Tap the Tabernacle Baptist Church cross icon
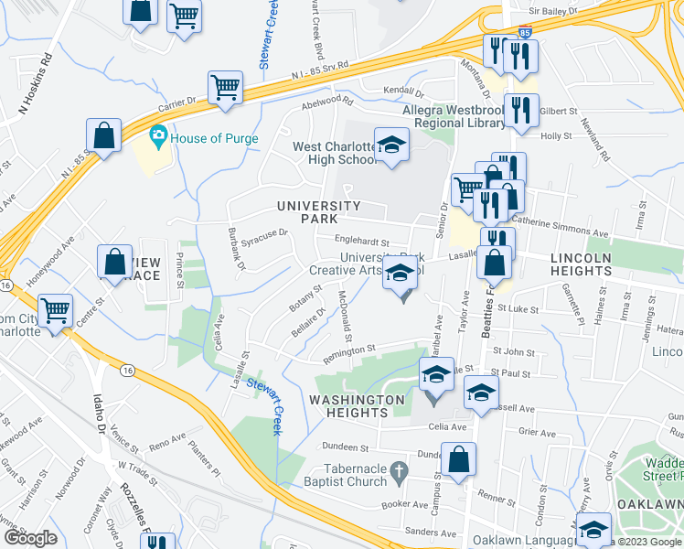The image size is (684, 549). pos(398,473)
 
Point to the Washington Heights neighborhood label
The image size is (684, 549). pos(358,406)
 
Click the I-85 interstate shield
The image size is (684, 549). pos(524,32)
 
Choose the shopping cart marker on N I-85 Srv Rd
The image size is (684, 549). pos(224,88)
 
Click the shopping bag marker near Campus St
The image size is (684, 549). pos(458,459)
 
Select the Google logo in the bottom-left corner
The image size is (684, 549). pos(31,538)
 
